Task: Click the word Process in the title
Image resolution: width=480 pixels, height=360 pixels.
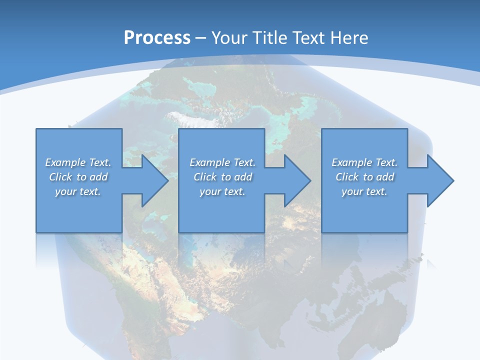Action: point(157,38)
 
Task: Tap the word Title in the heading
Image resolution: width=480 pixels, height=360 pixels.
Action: point(270,38)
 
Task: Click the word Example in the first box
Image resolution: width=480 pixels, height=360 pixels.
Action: point(65,162)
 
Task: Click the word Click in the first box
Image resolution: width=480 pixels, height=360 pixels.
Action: point(60,177)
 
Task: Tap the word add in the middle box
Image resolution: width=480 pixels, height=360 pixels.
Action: point(243,177)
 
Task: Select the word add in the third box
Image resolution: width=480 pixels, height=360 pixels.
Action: point(385,177)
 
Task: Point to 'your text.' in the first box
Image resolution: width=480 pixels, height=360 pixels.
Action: point(78,191)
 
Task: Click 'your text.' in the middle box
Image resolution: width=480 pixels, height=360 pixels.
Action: point(222,191)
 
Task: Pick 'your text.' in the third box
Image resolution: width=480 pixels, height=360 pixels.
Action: point(364,191)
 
